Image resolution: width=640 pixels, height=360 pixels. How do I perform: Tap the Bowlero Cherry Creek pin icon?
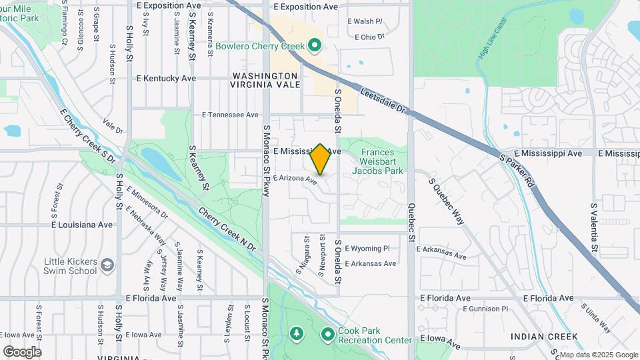pyautogui.click(x=315, y=46)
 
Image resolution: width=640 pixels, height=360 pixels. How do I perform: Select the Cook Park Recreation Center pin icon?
pyautogui.click(x=327, y=334)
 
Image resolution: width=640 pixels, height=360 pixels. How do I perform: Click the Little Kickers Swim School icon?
pyautogui.click(x=107, y=267)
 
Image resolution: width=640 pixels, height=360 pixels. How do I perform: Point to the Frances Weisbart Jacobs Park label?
pyautogui.click(x=382, y=161)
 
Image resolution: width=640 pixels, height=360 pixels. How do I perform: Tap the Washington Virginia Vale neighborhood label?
pyautogui.click(x=264, y=81)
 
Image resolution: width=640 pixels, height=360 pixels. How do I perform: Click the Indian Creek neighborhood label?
pyautogui.click(x=544, y=337)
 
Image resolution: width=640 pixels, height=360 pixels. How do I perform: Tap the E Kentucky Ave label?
pyautogui.click(x=166, y=78)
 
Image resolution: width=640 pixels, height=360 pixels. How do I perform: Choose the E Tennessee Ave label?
pyautogui.click(x=230, y=115)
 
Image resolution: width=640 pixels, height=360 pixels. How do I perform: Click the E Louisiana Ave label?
pyautogui.click(x=82, y=225)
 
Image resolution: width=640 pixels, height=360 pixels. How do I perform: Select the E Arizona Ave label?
pyautogui.click(x=294, y=179)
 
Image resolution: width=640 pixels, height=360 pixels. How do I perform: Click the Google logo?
pyautogui.click(x=22, y=351)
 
